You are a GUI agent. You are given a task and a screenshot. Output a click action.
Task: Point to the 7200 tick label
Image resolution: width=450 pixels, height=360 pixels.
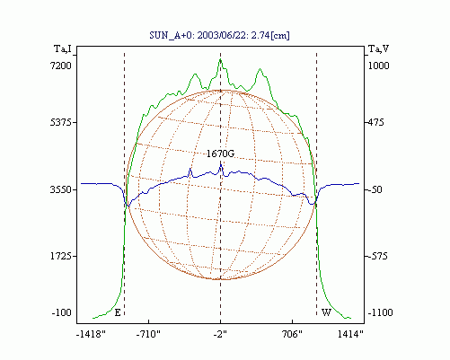(x=61, y=66)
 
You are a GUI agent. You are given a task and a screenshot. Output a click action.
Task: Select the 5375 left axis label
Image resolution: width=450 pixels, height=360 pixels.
(x=61, y=122)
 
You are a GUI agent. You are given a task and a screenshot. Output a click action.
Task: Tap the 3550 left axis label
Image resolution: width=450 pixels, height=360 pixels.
(x=61, y=189)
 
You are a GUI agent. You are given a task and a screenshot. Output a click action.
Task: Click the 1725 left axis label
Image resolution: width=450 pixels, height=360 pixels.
(x=61, y=256)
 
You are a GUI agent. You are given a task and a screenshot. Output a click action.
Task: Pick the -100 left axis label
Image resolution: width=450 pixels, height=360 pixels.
(x=62, y=312)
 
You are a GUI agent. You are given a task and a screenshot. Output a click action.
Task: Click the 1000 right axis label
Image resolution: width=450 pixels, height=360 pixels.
(x=378, y=66)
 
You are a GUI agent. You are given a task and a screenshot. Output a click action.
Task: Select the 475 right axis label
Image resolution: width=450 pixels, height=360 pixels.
(x=375, y=122)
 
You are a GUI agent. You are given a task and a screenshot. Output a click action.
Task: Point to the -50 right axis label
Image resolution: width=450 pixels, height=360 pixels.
(x=374, y=189)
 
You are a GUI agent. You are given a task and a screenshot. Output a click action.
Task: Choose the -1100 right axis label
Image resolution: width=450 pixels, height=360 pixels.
(x=380, y=312)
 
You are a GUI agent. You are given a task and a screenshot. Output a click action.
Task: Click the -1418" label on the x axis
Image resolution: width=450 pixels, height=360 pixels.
(x=91, y=334)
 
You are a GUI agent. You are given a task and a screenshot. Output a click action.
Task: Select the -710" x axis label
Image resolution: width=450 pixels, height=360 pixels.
(x=148, y=334)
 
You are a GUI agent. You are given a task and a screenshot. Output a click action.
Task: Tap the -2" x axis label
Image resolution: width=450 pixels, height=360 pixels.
(x=220, y=334)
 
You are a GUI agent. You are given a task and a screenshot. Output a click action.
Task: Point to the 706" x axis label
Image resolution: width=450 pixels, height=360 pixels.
(x=293, y=334)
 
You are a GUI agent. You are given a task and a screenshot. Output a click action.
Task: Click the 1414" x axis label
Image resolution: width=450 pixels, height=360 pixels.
(x=350, y=334)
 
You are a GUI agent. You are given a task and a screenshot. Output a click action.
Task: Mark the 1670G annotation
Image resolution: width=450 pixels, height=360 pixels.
(x=220, y=154)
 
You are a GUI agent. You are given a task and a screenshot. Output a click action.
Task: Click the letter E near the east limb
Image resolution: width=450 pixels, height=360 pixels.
(x=118, y=313)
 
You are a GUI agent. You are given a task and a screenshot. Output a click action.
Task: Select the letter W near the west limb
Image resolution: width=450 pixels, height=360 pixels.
(x=326, y=312)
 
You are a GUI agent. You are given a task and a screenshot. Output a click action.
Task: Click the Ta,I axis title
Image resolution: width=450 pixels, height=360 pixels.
(x=63, y=48)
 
